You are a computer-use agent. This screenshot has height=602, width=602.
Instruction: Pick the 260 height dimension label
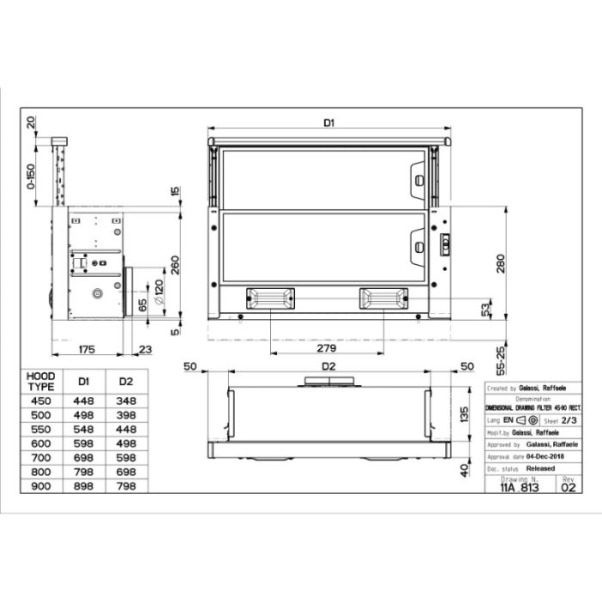click(175, 264)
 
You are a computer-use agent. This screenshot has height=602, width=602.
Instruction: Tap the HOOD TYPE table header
click(40, 381)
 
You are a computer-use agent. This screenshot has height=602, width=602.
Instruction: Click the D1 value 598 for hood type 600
click(83, 444)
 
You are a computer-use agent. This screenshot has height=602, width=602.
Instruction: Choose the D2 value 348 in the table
click(126, 401)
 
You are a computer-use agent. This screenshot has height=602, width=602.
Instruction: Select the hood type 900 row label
click(40, 486)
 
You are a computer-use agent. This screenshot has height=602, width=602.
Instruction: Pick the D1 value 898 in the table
click(83, 486)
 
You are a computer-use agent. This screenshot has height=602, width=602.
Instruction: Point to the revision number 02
click(568, 487)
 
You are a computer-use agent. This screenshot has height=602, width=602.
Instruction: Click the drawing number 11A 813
click(519, 487)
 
